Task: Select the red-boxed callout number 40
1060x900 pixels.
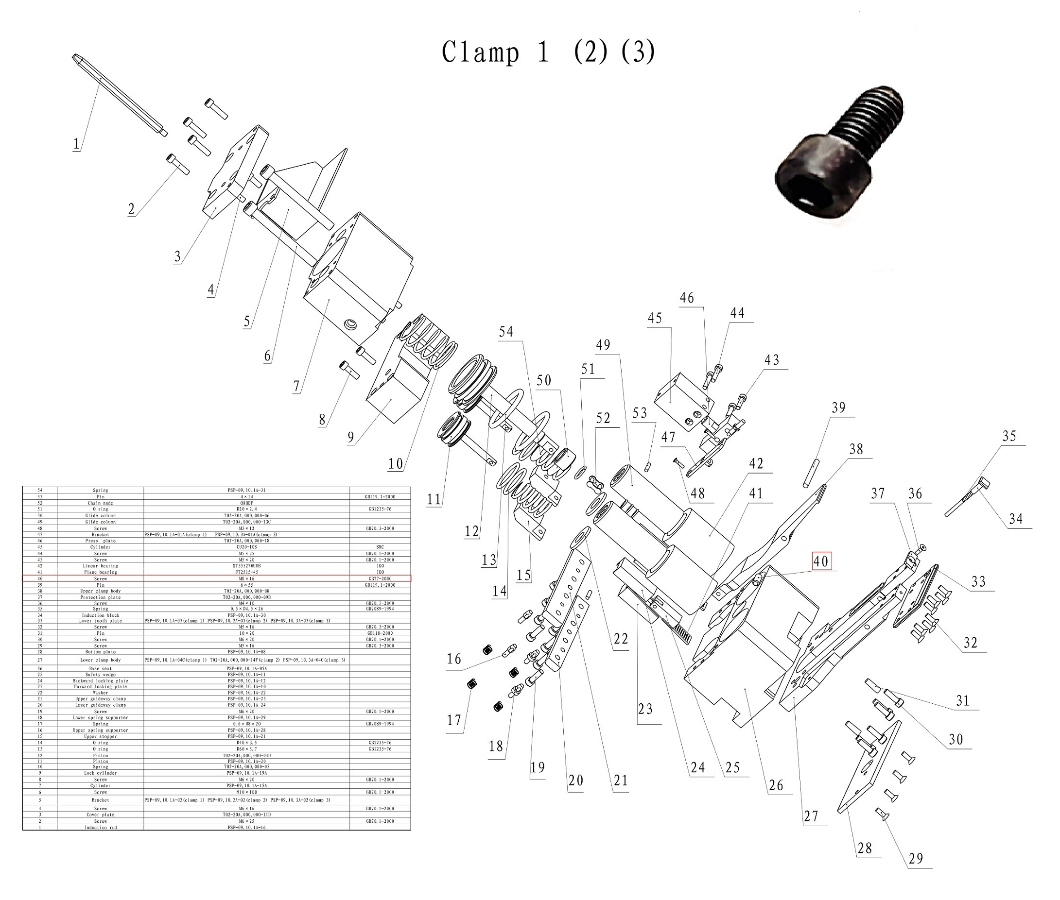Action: (x=820, y=561)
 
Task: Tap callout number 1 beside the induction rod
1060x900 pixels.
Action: (x=77, y=144)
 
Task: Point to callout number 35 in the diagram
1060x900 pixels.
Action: (x=1009, y=436)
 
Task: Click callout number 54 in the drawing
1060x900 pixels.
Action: (x=505, y=332)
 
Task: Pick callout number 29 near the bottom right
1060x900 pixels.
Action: (x=916, y=859)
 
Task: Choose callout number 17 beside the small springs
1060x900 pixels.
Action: (x=453, y=720)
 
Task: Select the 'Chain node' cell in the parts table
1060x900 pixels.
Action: (x=100, y=503)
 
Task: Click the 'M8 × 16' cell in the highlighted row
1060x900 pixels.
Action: (x=246, y=578)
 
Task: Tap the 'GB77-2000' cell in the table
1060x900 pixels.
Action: (x=380, y=578)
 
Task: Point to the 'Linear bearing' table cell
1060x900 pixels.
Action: (x=100, y=566)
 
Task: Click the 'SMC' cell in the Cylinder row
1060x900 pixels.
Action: (x=380, y=547)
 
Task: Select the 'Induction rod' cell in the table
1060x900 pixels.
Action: (x=100, y=828)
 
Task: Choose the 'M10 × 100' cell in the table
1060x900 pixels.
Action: (x=246, y=792)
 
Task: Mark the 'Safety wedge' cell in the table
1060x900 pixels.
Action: (x=100, y=675)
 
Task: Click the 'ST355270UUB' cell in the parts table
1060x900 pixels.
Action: (x=246, y=566)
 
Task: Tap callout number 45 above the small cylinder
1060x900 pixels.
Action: (x=655, y=318)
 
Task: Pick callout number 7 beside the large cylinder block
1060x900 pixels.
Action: (x=296, y=386)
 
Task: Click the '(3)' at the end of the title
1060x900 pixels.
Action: (x=638, y=52)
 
